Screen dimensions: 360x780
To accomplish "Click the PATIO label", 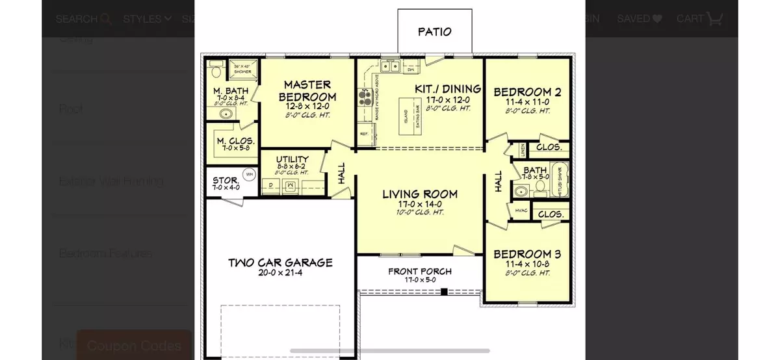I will point(435,31).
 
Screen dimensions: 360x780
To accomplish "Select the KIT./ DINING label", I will point(448,89).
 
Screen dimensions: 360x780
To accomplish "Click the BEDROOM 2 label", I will point(527,92).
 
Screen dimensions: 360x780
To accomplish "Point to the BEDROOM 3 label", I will point(527,254).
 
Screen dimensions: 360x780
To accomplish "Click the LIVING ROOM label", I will point(419,194).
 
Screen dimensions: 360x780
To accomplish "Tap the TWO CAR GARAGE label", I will point(280,263).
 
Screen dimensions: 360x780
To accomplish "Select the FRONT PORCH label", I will point(420,271).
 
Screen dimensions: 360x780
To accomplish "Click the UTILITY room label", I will point(292,159).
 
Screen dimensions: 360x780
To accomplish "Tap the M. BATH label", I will point(228,90).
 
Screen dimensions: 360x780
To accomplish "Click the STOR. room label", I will point(225,181).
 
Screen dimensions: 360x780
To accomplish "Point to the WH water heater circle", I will point(249,174).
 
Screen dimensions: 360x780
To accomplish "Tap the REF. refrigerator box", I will point(365,135).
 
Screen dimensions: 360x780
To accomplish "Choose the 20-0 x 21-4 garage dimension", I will point(280,274).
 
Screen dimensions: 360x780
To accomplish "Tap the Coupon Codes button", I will point(134,345).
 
